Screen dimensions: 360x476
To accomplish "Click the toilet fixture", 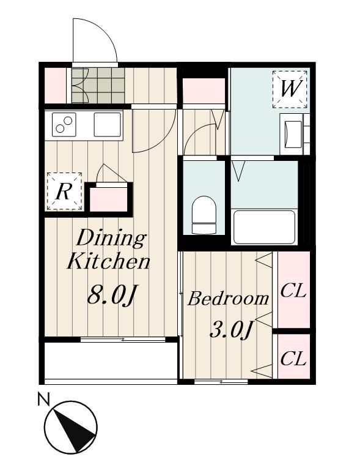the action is tap(204, 215).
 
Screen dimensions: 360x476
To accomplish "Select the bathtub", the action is tap(263, 226).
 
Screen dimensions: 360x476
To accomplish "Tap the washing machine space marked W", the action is tap(290, 89).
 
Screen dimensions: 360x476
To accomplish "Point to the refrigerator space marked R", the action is tap(64, 192).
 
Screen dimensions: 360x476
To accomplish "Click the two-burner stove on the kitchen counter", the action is tap(64, 124).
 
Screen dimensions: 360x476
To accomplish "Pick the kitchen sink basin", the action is tap(108, 124).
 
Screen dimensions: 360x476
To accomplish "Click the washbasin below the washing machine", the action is tap(292, 134).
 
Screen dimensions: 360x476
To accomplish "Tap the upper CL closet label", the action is tap(293, 291).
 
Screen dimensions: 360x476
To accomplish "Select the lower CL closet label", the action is tap(293, 359).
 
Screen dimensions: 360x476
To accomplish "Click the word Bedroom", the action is tap(228, 299).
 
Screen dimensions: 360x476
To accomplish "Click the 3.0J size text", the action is tap(231, 330).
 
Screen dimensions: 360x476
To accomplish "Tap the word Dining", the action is tap(111, 238).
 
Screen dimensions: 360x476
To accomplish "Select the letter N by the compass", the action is tap(43, 399).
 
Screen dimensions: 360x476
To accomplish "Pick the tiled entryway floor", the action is tap(98, 85).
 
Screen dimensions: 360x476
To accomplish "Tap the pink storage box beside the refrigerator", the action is tap(109, 199).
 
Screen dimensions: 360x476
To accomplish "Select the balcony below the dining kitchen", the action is tap(111, 360).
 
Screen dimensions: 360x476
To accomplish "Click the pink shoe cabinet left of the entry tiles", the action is tap(55, 85).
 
